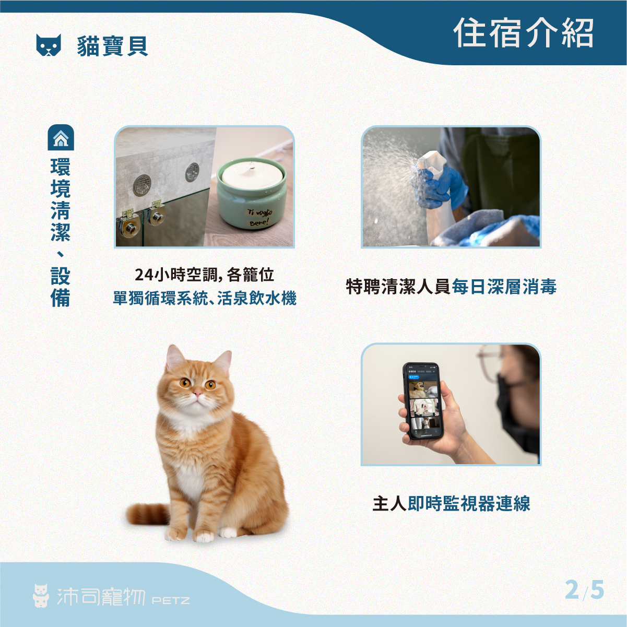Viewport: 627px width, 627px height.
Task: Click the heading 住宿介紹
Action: [523, 33]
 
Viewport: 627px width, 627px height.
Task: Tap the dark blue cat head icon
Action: [49, 45]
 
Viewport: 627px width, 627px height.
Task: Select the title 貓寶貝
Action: [113, 46]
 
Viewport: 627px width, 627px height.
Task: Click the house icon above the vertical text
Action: [61, 137]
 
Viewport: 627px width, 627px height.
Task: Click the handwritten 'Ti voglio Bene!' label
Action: [259, 217]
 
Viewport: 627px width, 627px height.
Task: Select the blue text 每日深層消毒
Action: [504, 287]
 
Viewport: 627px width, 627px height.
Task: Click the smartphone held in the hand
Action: [422, 401]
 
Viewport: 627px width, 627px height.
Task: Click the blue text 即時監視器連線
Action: [469, 504]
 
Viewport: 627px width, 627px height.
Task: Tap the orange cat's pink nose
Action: [197, 394]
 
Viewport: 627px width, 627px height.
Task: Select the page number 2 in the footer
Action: [572, 589]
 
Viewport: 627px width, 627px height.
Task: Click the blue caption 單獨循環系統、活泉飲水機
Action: [205, 298]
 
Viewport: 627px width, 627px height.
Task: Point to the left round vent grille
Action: [142, 185]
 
